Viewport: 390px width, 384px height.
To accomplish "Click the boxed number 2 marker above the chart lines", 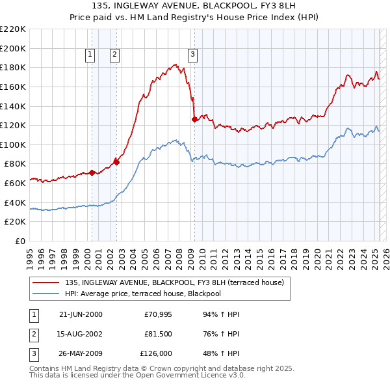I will coord(114,55).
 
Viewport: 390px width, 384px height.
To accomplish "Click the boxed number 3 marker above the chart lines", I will coord(193,55).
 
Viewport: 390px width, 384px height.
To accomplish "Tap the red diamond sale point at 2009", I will coord(194,119).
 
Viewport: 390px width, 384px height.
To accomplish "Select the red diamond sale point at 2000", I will coord(92,172).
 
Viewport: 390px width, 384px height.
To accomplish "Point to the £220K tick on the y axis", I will coord(13,29).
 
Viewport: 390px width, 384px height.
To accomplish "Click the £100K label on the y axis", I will coord(13,144).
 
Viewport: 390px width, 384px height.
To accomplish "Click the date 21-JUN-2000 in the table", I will coord(81,314).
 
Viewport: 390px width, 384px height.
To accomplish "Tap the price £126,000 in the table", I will coord(156,355).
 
